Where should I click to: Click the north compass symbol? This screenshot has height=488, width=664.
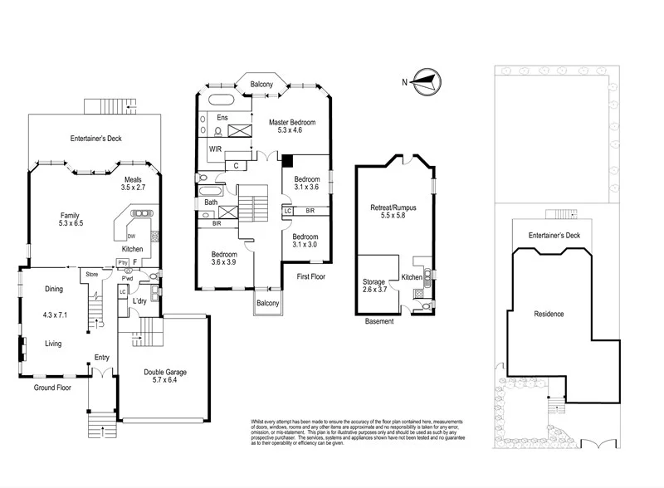(425, 81)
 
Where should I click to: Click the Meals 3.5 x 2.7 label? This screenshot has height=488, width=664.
(134, 183)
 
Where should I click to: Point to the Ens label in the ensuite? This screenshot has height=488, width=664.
(222, 119)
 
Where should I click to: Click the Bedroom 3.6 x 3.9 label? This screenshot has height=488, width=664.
(224, 258)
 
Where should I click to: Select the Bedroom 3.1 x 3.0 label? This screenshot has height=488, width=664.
(305, 240)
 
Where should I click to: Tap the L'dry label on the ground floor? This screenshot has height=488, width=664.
(139, 300)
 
